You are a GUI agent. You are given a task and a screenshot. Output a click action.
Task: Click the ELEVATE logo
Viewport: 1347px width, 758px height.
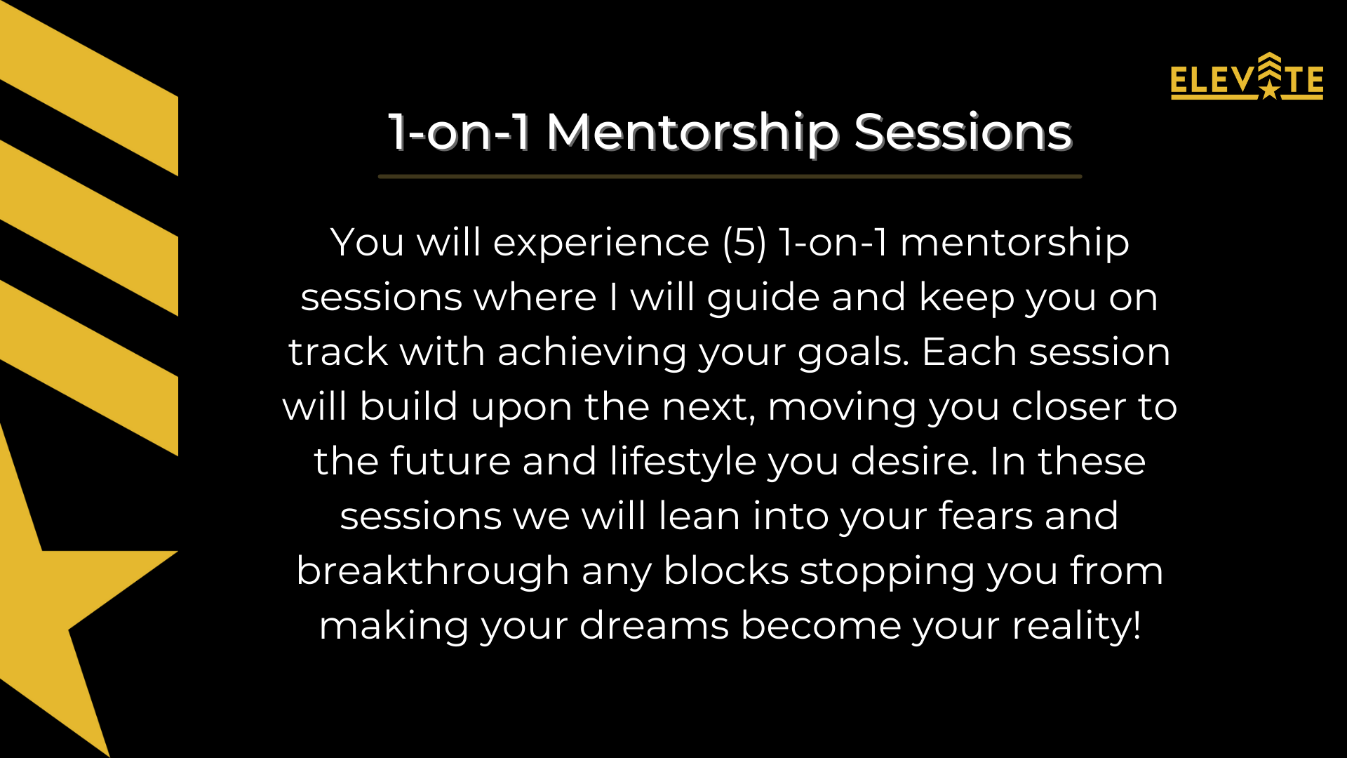(x=1247, y=77)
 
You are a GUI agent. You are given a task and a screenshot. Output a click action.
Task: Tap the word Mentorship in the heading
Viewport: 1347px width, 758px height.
(x=692, y=133)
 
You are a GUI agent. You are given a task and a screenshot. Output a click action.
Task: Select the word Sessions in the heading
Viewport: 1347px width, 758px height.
(x=963, y=132)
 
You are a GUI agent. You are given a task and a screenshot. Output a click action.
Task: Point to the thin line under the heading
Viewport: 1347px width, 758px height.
(x=730, y=176)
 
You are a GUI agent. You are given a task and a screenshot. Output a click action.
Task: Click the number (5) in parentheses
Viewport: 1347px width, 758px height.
(x=745, y=243)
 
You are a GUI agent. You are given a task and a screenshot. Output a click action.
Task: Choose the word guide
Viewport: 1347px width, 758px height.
(x=763, y=298)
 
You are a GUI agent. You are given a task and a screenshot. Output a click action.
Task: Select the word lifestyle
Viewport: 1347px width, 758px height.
(x=683, y=463)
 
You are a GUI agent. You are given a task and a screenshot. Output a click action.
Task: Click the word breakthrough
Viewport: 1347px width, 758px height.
(x=432, y=571)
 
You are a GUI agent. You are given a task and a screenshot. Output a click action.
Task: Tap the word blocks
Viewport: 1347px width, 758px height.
(x=726, y=571)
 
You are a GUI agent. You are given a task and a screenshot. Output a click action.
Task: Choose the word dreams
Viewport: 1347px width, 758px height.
(x=654, y=625)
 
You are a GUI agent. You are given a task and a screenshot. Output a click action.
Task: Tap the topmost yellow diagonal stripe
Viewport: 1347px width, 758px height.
(x=89, y=88)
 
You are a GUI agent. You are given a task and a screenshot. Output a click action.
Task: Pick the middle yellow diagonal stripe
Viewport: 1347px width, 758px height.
(x=89, y=228)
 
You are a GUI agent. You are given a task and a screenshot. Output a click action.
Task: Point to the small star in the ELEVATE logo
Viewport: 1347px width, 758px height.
(x=1270, y=89)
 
